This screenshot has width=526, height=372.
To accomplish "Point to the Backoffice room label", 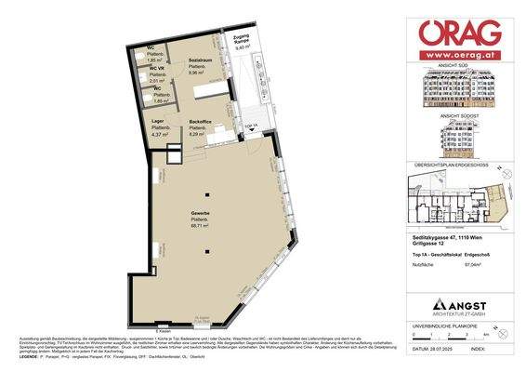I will point(202,122).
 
